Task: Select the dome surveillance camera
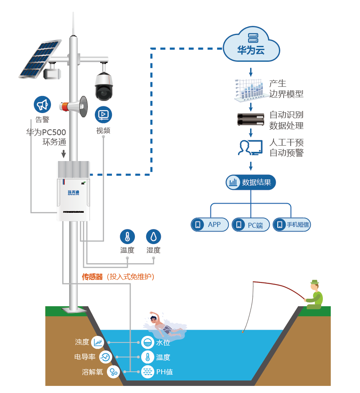point(103,86)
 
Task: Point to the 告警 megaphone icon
point(42,105)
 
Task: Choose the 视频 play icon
point(103,114)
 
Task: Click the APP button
point(210,225)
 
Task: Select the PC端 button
point(251,225)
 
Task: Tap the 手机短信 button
point(292,225)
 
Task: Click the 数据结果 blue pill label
point(251,182)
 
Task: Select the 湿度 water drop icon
point(154,237)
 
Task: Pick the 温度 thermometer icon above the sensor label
point(127,237)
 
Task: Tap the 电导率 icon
point(105,357)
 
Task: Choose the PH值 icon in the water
point(147,372)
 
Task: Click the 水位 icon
point(147,343)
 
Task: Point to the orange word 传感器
point(92,277)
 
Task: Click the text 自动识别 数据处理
point(286,120)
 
